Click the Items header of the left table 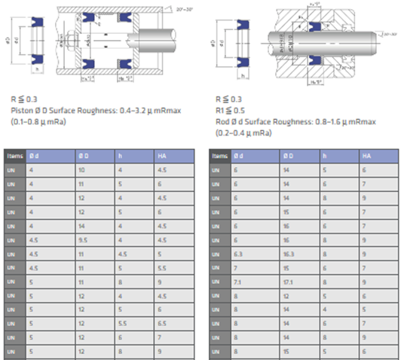click(x=14, y=155)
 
